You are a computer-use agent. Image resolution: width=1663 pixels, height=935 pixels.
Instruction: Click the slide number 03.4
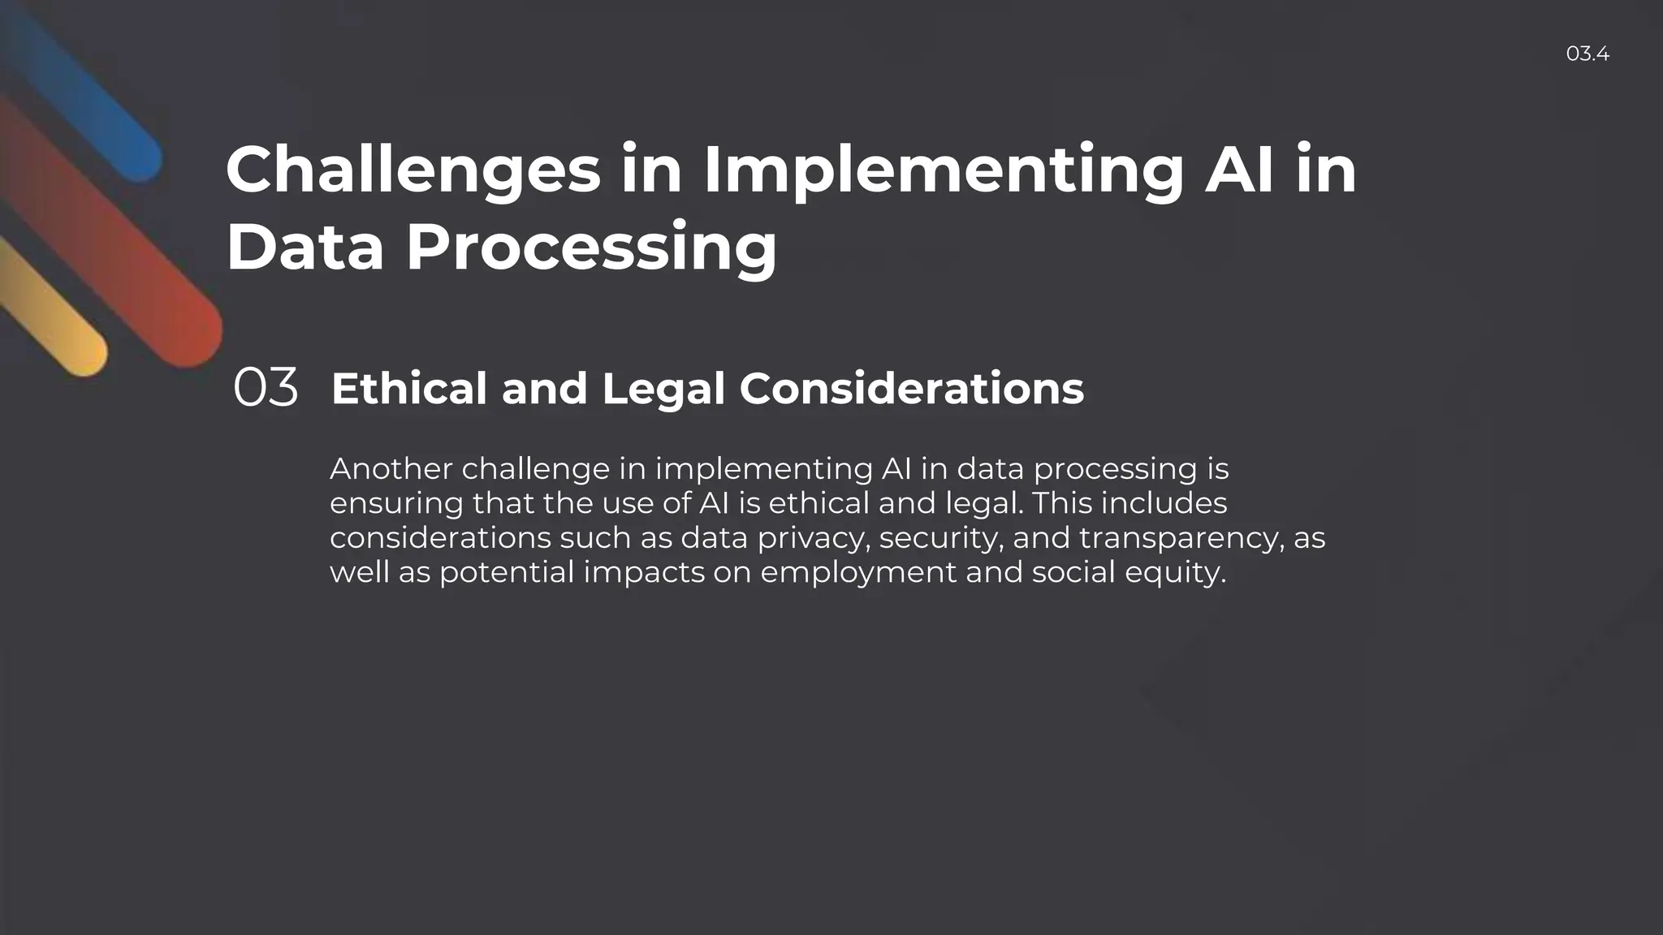point(1587,54)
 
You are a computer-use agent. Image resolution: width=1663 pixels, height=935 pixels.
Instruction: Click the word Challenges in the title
point(413,170)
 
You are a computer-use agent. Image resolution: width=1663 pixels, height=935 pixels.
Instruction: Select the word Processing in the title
point(591,248)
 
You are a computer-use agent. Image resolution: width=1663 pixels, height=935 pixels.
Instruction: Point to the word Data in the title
point(305,248)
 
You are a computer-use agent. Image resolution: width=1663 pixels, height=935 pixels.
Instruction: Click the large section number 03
point(266,388)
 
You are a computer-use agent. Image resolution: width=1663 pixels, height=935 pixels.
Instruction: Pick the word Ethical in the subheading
point(408,388)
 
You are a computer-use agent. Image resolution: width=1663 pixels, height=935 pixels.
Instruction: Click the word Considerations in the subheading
point(911,388)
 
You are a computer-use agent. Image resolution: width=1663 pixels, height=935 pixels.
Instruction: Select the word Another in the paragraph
point(391,469)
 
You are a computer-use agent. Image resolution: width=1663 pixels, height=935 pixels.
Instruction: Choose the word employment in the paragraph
point(858,573)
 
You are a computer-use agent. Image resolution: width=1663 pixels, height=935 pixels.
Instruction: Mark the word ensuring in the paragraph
point(396,504)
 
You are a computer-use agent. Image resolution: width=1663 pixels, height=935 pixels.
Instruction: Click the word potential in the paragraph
point(507,573)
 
